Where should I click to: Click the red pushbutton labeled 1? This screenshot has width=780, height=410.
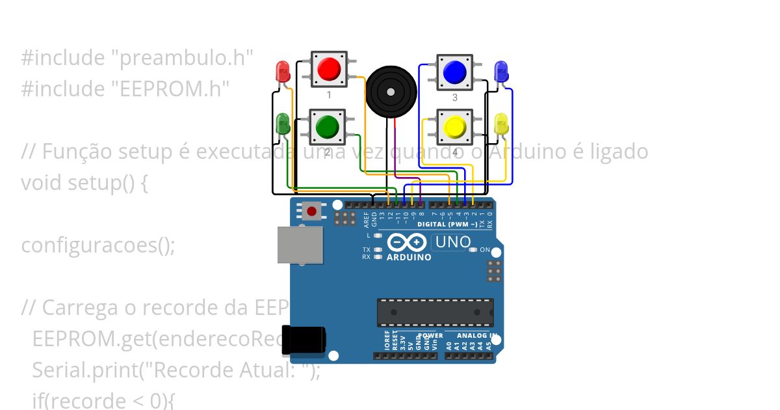tap(329, 70)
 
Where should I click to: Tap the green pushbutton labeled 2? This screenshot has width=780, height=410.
tap(327, 127)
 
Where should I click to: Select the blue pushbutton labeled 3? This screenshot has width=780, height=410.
tap(454, 72)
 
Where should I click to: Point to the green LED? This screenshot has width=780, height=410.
tap(283, 123)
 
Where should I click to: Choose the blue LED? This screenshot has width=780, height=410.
tap(500, 71)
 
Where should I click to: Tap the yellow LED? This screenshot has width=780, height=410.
tap(500, 124)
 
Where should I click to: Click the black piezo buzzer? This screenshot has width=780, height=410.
tap(390, 92)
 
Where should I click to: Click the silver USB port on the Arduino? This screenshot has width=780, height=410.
tap(300, 245)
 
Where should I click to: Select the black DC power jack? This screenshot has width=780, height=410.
tap(303, 340)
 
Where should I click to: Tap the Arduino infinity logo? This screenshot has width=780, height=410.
tap(407, 243)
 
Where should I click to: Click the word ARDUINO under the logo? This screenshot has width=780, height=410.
tap(409, 257)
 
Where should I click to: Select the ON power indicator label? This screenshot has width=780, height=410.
tap(485, 249)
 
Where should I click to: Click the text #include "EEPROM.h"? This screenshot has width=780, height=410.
tap(125, 89)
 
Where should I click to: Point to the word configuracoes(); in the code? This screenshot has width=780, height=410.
tap(98, 245)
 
